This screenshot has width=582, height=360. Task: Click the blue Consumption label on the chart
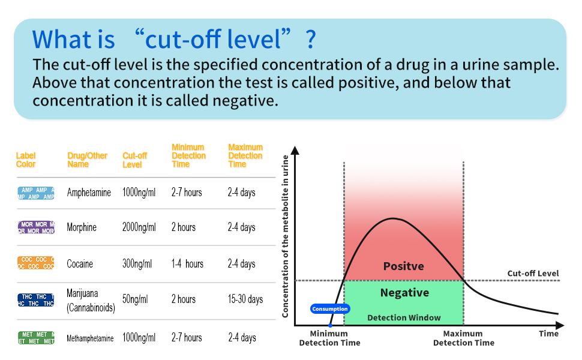point(330,309)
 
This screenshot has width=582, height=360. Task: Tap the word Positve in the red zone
point(403,266)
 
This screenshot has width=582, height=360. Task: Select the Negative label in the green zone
point(404,293)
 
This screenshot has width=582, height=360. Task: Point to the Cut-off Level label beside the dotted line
point(533,274)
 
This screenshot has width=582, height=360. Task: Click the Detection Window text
point(404,317)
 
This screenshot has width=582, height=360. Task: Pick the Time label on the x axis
point(548,334)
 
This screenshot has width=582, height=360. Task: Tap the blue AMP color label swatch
point(36,193)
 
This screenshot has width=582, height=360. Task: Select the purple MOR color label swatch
point(36,227)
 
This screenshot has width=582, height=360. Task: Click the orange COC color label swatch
point(36,263)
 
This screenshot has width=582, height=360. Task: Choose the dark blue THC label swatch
point(36,300)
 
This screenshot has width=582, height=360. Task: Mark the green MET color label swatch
point(36,338)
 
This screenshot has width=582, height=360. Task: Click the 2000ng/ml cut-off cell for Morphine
point(139,227)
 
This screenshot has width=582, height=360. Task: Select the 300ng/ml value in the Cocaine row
point(137,264)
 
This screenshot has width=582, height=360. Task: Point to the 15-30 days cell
point(245,299)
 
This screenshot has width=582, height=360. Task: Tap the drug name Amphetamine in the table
point(89,193)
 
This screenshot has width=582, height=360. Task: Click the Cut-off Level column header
point(134,160)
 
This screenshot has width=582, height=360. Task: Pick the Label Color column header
point(26,160)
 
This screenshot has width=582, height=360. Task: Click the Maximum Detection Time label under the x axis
point(463,338)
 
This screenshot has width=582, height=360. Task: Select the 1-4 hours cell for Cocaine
point(187,264)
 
